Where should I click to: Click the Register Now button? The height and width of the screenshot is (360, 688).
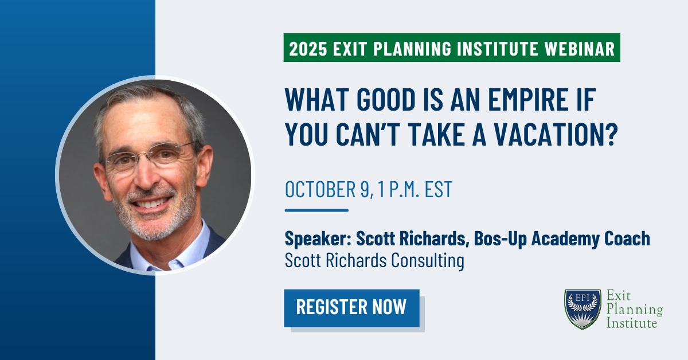coord(351,308)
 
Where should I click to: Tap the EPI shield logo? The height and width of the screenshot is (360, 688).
coord(583,309)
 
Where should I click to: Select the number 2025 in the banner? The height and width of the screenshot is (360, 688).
coord(308,48)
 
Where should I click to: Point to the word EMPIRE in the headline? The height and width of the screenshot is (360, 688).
coord(528,99)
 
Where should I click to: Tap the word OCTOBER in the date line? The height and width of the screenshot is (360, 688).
coord(320,189)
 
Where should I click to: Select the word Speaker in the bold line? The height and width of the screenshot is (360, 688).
coord(318,238)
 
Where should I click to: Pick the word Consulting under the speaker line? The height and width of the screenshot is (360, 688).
coord(428,260)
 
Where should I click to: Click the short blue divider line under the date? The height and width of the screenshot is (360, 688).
coord(316,210)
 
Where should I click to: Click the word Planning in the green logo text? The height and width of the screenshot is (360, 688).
coord(635,310)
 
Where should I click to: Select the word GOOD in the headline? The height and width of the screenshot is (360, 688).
coord(386,99)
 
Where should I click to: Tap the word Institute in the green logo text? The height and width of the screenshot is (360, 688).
coord(632,323)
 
